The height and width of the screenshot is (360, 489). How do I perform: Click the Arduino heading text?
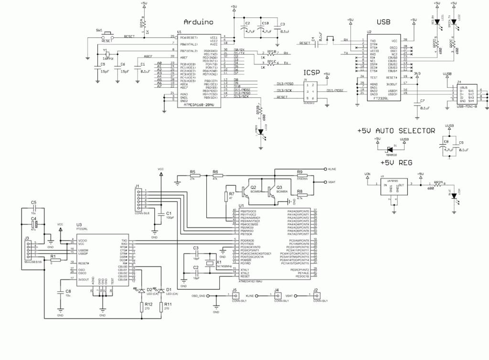(x=198, y=22)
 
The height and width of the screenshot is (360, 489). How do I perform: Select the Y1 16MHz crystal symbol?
(x=108, y=53)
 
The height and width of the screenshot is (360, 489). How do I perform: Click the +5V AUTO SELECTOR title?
(x=396, y=130)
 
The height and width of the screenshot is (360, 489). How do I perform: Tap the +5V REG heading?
(x=396, y=162)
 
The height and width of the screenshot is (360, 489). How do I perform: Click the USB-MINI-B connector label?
(x=470, y=106)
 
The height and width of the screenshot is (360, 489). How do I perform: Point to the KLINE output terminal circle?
(x=326, y=169)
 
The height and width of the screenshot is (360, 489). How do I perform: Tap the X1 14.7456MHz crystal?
(x=209, y=264)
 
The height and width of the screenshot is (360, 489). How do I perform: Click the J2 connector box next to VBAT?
(x=317, y=296)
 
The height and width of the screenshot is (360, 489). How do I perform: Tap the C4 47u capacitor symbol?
(x=34, y=223)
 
